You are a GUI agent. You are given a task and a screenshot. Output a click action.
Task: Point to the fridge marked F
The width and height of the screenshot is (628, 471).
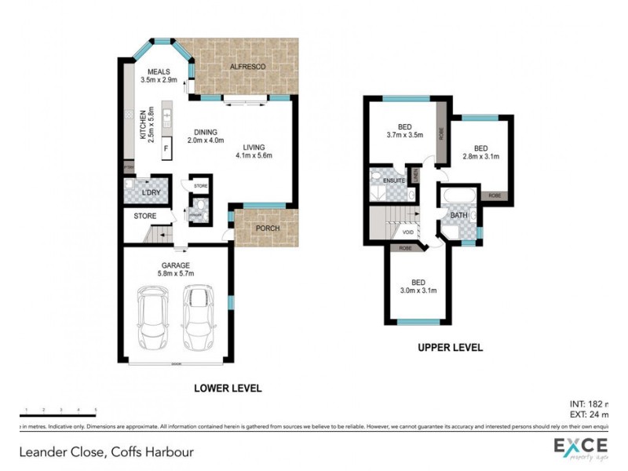[166, 148]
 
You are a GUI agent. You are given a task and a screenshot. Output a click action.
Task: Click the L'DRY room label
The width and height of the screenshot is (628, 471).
[152, 192]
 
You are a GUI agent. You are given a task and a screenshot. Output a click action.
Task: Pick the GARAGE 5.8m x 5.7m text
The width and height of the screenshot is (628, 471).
[176, 270]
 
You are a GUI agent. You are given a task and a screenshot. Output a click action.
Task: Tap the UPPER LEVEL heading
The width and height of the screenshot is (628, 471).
[450, 347]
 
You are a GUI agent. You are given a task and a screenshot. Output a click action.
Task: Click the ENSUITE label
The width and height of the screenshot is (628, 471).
[393, 181]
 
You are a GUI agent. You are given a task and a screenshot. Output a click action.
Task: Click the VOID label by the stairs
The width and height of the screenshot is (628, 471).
[407, 232]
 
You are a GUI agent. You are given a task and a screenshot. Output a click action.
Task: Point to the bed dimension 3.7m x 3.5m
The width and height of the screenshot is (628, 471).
[405, 134]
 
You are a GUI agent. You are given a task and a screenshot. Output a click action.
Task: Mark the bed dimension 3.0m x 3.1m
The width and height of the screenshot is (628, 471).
[417, 291]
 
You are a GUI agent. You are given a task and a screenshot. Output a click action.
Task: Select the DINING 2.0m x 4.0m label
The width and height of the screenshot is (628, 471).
[206, 137]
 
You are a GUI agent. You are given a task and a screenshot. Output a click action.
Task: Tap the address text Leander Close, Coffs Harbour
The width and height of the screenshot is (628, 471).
[106, 451]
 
